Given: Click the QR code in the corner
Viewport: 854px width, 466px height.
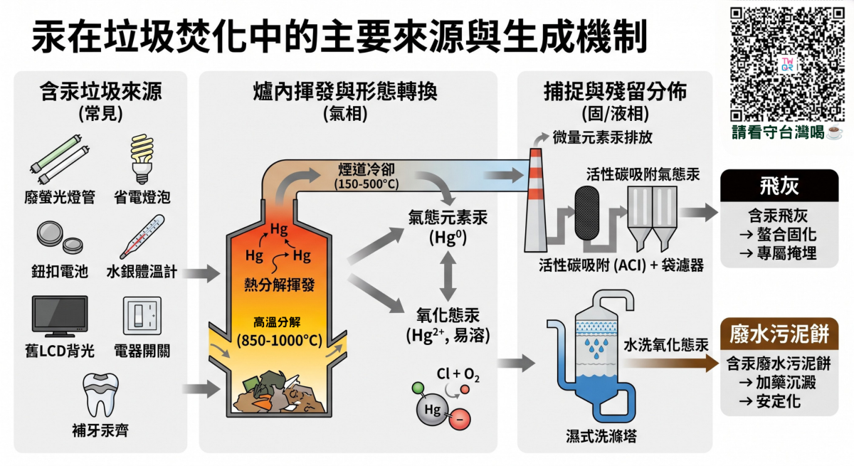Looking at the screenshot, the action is coord(787,64).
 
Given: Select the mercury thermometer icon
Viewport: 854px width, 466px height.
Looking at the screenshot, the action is coord(142,237).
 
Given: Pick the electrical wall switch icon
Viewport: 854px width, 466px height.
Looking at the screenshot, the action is coord(142,316).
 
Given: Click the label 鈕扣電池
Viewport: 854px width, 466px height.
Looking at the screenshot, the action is coord(60,272).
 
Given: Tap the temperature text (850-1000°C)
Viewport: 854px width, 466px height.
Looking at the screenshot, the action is coord(280,340).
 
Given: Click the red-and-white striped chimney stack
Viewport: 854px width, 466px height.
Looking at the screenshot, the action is coord(536,200).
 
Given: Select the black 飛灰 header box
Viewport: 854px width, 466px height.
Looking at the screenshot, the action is coord(779,186).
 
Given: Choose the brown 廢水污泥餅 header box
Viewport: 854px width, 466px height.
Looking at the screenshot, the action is coord(779,334).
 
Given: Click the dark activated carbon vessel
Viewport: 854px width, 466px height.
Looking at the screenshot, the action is coord(586,213).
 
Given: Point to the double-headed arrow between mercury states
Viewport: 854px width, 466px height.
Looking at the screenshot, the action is coord(448,276).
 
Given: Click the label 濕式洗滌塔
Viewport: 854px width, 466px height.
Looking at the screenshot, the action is coord(601,436).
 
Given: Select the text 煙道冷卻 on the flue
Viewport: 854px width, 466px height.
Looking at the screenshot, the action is coord(367,169).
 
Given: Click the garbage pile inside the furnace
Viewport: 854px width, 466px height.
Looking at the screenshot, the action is coord(280,393).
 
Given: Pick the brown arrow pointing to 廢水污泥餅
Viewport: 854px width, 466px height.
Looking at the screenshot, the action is coord(670,363).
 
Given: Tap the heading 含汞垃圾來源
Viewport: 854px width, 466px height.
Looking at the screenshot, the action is coord(100,92).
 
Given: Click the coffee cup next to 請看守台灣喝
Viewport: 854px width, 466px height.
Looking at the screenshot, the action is coord(835,132).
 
